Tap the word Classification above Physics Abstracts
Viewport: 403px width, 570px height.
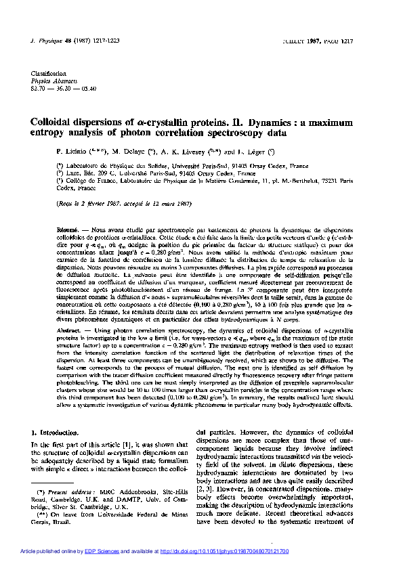pos(46,74)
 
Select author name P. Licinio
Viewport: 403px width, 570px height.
pos(81,151)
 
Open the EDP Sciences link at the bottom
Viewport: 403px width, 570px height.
pos(137,552)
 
